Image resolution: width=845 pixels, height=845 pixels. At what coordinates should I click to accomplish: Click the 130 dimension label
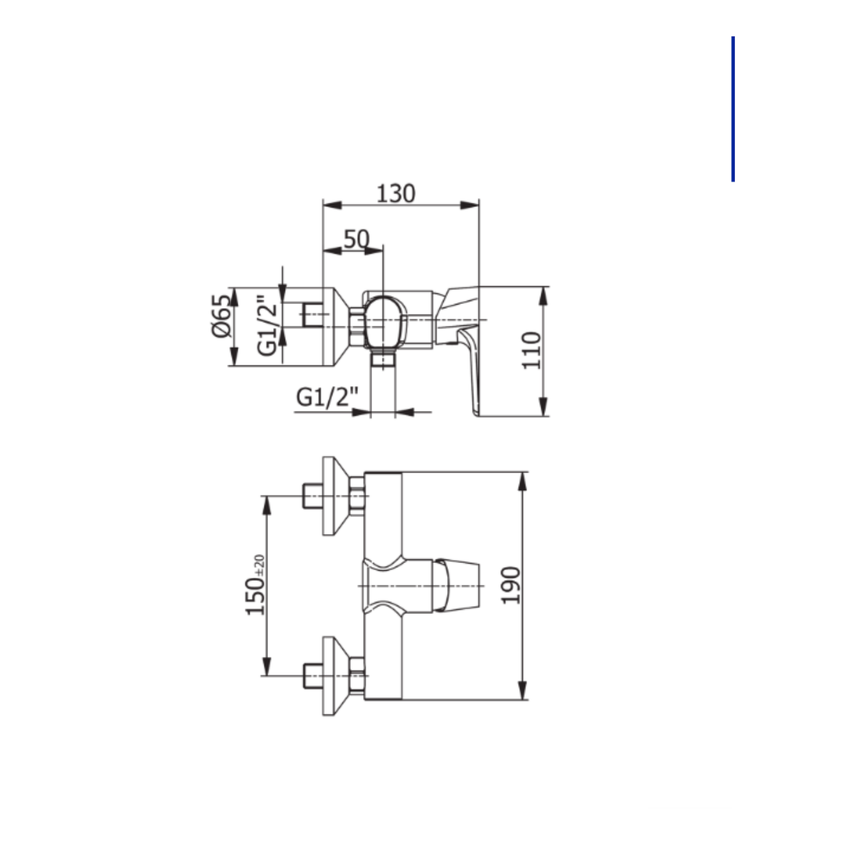pos(396,194)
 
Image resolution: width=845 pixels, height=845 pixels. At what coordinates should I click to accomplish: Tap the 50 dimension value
pos(356,239)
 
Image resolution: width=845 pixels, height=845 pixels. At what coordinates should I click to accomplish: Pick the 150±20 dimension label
pos(255,585)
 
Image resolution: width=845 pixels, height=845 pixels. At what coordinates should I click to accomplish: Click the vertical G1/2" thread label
pos(267,325)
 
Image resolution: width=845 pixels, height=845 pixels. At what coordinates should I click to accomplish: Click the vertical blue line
pos(733,109)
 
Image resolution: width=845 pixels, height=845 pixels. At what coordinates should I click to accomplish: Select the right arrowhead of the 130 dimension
pos(470,205)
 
